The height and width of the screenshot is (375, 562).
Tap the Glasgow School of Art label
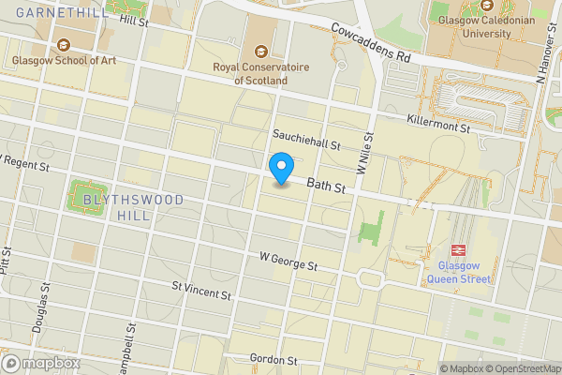65,62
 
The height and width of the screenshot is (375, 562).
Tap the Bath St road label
327,189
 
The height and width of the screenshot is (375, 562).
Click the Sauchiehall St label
305,140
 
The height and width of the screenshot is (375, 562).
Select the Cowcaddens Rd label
371,43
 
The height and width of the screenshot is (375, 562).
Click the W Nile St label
365,153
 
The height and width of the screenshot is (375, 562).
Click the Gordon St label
274,360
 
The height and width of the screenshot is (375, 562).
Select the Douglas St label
43,307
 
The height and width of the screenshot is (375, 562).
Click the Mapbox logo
41,364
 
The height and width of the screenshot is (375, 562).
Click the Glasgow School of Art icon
64,44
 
